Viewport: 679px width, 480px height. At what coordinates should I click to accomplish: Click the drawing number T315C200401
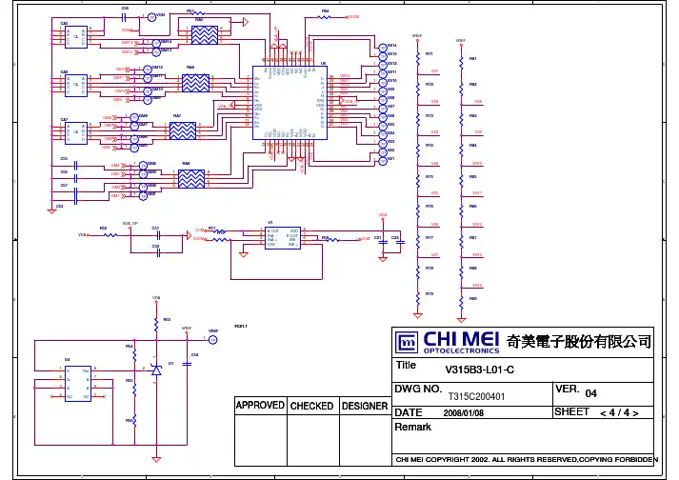475,395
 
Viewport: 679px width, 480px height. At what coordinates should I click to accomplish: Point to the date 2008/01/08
464,413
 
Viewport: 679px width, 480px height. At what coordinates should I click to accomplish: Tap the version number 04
590,393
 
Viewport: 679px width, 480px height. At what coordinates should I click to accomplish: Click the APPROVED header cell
260,406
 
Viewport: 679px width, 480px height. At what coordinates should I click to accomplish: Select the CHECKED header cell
311,406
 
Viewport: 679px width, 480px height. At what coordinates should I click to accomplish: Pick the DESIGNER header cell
364,406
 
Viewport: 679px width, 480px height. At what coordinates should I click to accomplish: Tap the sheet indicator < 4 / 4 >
625,412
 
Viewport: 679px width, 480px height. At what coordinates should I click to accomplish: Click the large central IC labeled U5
295,100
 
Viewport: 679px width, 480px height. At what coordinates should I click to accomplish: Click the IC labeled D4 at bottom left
76,382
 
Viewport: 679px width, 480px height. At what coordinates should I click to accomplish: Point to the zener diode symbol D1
156,367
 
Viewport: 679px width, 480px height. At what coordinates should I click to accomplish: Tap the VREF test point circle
213,339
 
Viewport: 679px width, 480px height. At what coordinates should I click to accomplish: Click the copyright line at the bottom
527,460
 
